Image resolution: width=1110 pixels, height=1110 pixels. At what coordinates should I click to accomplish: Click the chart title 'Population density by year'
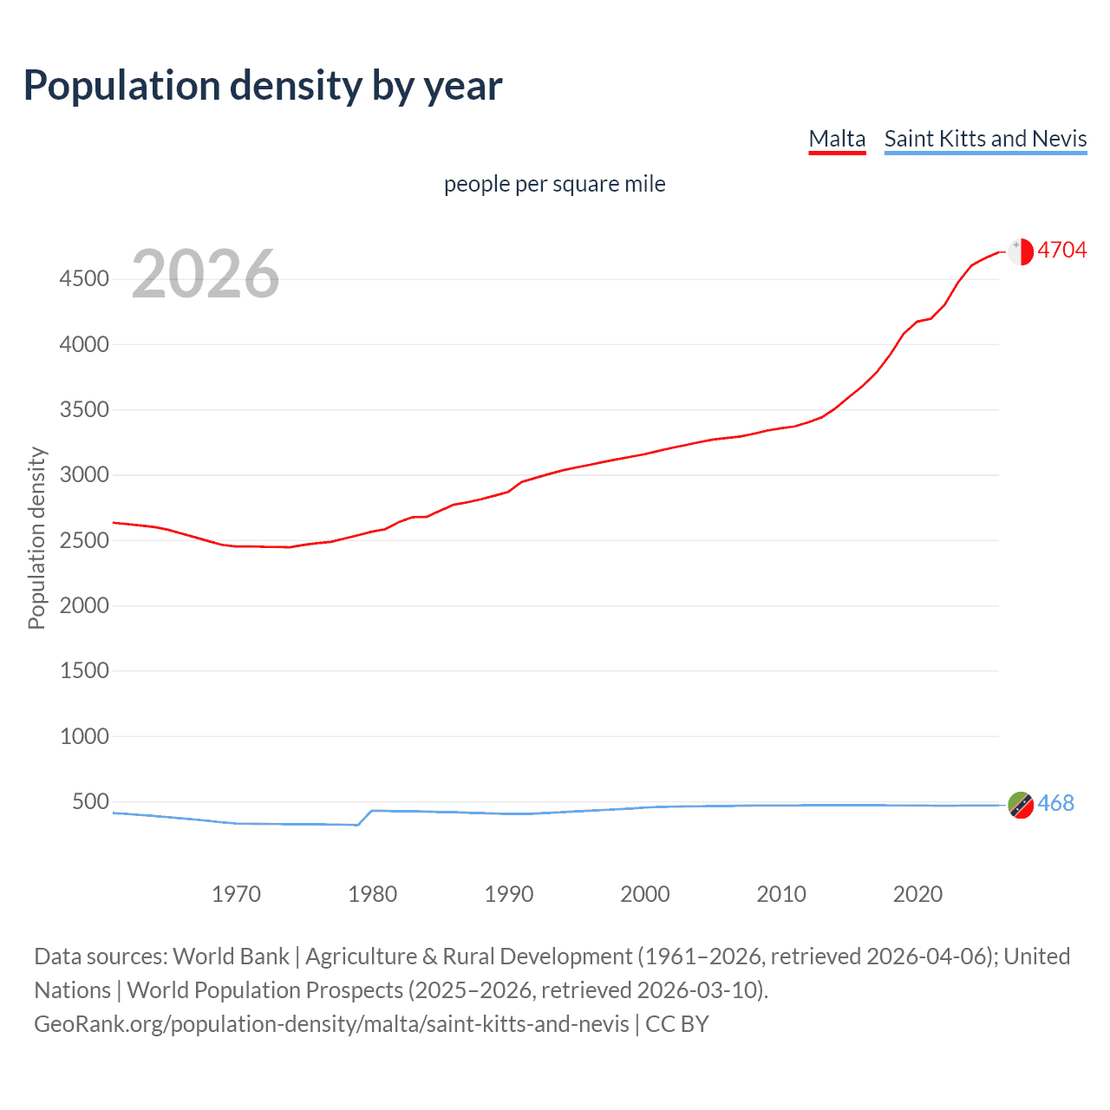tap(263, 86)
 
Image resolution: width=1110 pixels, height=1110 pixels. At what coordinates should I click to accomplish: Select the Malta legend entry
tap(837, 139)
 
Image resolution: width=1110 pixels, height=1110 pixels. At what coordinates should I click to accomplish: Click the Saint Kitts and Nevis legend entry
tap(985, 139)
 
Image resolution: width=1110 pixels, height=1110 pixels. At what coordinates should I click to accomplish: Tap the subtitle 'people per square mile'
tap(554, 184)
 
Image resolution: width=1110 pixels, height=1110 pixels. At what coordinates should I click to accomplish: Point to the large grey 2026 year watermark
tap(206, 274)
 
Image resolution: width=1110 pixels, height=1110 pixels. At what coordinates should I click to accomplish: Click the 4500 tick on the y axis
tap(84, 279)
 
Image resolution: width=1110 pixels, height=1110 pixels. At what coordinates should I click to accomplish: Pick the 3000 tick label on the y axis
tap(84, 475)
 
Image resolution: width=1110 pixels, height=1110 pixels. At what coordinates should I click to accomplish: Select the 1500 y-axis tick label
tap(84, 670)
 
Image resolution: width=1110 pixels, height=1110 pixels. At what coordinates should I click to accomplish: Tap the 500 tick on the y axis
tap(90, 801)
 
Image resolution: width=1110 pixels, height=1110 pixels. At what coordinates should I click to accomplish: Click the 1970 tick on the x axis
tap(236, 894)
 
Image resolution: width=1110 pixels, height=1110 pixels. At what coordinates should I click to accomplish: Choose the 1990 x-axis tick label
tap(509, 894)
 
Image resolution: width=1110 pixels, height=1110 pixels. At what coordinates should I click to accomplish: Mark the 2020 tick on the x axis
tap(917, 894)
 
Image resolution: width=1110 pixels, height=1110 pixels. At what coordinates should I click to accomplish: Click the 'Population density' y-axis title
tap(36, 538)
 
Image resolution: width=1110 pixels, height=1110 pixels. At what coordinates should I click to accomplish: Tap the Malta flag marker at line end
tap(1021, 251)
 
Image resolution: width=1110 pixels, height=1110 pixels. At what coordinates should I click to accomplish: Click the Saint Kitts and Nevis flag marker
tap(1021, 805)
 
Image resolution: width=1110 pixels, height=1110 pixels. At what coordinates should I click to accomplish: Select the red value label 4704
tap(1061, 251)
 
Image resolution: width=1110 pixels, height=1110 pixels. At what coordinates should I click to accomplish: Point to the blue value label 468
tap(1055, 804)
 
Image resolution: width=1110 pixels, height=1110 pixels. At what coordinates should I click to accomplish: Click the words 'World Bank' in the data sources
tap(231, 957)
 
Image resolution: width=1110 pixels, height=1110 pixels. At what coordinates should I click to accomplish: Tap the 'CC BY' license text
tap(676, 1024)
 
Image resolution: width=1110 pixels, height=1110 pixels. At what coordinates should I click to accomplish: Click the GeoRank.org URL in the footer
tap(331, 1024)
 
